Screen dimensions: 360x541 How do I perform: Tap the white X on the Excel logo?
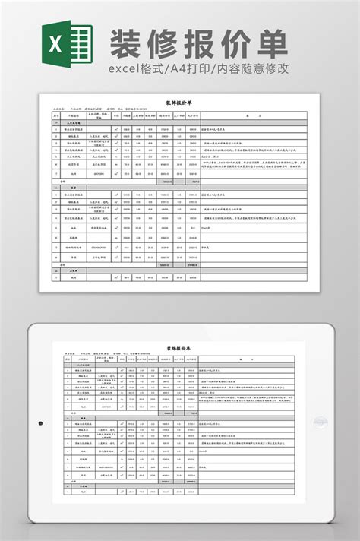tap(56, 46)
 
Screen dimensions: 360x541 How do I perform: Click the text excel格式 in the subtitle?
tap(137, 71)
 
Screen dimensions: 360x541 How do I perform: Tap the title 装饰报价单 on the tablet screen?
tap(179, 349)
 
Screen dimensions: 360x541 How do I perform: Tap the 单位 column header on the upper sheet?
tap(115, 115)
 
